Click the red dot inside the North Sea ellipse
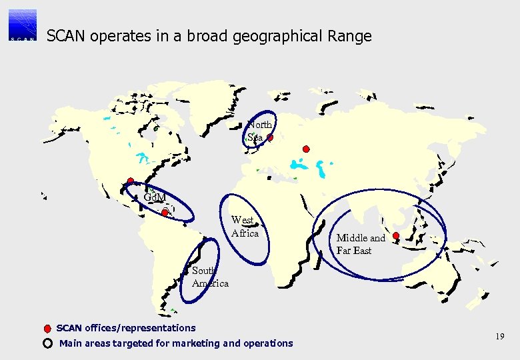(x=270, y=138)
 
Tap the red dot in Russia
(x=306, y=149)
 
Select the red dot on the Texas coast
(x=131, y=181)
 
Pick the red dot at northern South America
(x=165, y=213)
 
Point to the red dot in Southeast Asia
(x=396, y=235)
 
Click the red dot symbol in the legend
(x=47, y=329)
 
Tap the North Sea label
(x=259, y=131)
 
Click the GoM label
(x=155, y=197)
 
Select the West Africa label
(x=245, y=227)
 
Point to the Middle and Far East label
(x=361, y=244)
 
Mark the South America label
(x=209, y=277)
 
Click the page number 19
(x=499, y=337)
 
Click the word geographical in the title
(x=275, y=36)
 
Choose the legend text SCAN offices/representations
(x=126, y=328)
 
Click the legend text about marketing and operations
(x=176, y=343)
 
